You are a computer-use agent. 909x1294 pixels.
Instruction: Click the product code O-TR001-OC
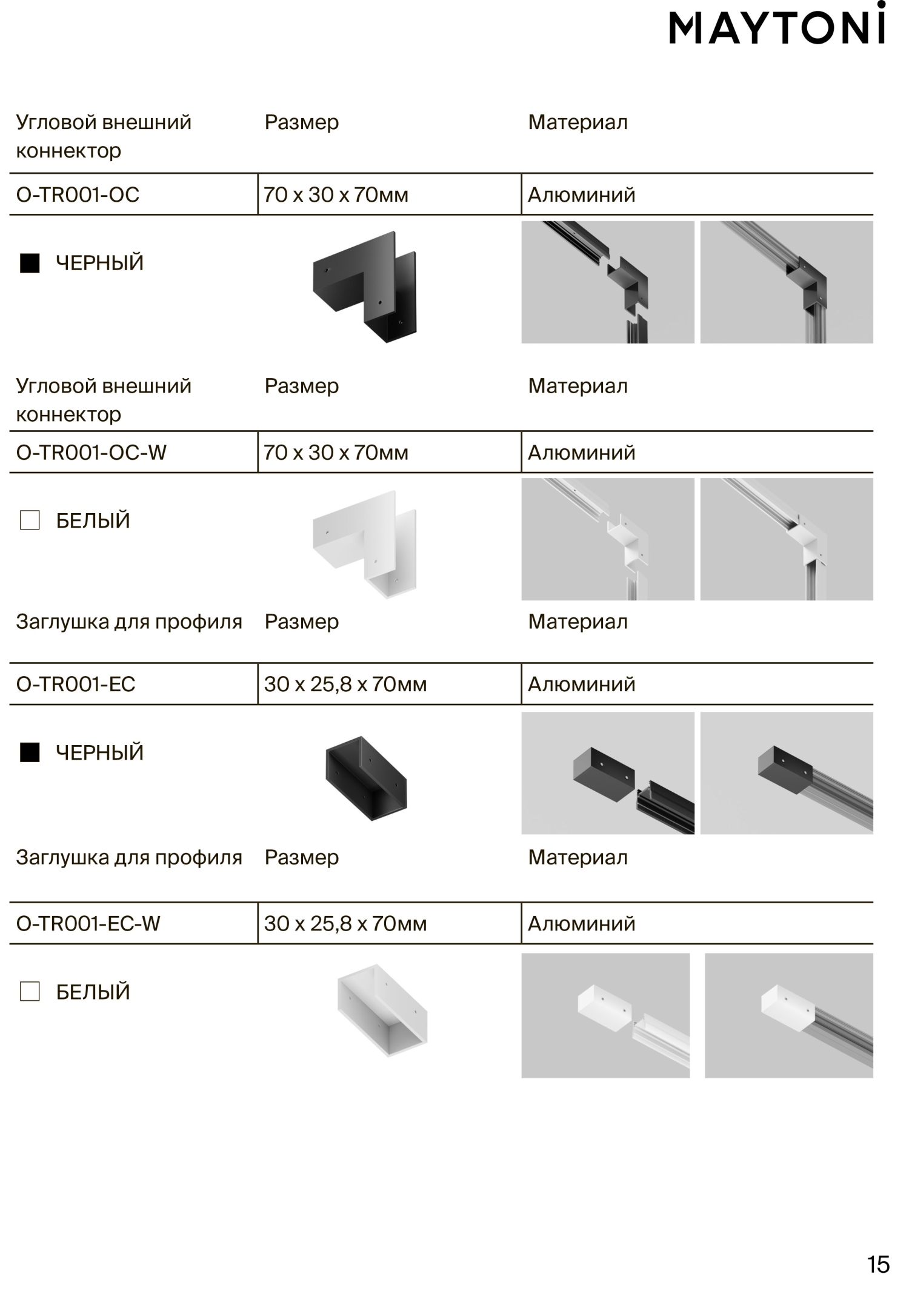tap(78, 195)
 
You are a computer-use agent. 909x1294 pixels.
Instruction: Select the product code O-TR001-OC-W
tap(91, 453)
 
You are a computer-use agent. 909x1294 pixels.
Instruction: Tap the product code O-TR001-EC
tap(76, 685)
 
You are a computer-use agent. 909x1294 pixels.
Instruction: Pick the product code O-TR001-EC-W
tap(88, 924)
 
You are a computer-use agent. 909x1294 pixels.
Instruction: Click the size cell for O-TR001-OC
tap(336, 195)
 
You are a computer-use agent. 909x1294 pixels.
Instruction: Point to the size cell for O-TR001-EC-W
tap(345, 924)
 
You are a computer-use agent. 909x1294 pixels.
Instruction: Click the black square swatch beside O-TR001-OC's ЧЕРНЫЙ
tap(30, 263)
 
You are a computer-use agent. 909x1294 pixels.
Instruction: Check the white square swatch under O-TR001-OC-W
tap(30, 520)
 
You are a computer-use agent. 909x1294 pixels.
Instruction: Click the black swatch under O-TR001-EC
tap(30, 752)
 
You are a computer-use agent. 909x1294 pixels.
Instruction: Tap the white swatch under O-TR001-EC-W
tap(30, 992)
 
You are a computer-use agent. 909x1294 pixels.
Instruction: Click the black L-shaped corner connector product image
tap(365, 286)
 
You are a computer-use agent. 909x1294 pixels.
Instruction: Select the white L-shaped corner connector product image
tap(365, 544)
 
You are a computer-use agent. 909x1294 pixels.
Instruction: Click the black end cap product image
tap(366, 779)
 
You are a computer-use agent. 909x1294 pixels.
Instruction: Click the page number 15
tap(878, 1265)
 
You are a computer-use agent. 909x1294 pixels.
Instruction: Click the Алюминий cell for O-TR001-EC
tap(582, 685)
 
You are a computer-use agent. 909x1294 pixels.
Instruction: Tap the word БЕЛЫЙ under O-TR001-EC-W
tap(93, 992)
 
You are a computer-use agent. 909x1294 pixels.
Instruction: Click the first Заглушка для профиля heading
tap(129, 622)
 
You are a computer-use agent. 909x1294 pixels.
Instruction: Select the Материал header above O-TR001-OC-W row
tap(578, 386)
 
